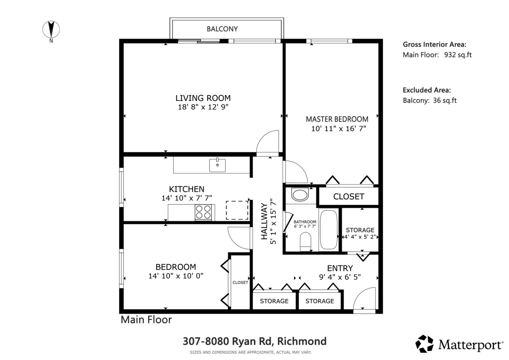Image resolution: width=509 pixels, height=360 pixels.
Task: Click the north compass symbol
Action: [51, 30]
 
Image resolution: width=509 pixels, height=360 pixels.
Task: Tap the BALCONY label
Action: [222, 29]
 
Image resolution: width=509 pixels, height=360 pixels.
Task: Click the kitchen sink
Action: [217, 165]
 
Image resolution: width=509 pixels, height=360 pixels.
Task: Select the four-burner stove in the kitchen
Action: [203, 212]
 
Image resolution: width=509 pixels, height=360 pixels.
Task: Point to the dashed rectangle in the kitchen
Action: [237, 210]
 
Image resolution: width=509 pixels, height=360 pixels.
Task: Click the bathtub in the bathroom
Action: [329, 230]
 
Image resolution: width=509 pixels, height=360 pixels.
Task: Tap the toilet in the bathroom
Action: [305, 242]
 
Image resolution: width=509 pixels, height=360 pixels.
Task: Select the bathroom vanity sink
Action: [300, 195]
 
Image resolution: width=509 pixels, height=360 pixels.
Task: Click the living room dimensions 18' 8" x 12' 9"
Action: [203, 107]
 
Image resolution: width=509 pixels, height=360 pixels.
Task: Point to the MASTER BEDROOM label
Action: [337, 119]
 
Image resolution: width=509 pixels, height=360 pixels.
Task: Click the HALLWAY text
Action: [264, 221]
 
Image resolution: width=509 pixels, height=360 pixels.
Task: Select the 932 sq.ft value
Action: [458, 55]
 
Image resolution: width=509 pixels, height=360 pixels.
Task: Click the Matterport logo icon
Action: [424, 344]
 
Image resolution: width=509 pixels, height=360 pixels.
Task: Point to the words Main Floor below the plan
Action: [146, 320]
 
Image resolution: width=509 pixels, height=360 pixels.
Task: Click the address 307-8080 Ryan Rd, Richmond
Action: [255, 341]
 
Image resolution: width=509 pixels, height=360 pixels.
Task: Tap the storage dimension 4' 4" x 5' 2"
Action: [360, 237]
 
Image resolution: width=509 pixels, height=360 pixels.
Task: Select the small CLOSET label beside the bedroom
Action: [240, 282]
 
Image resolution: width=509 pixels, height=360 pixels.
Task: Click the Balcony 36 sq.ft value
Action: [445, 100]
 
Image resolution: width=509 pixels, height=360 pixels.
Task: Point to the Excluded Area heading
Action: [427, 90]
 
